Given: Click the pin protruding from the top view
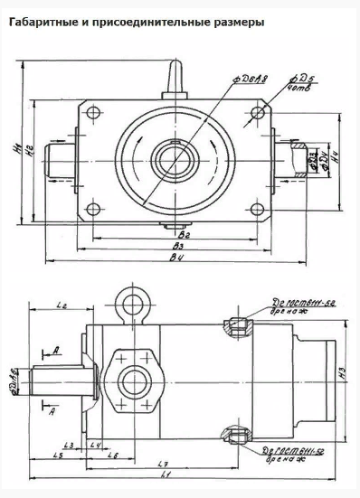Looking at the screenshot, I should [175, 73].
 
